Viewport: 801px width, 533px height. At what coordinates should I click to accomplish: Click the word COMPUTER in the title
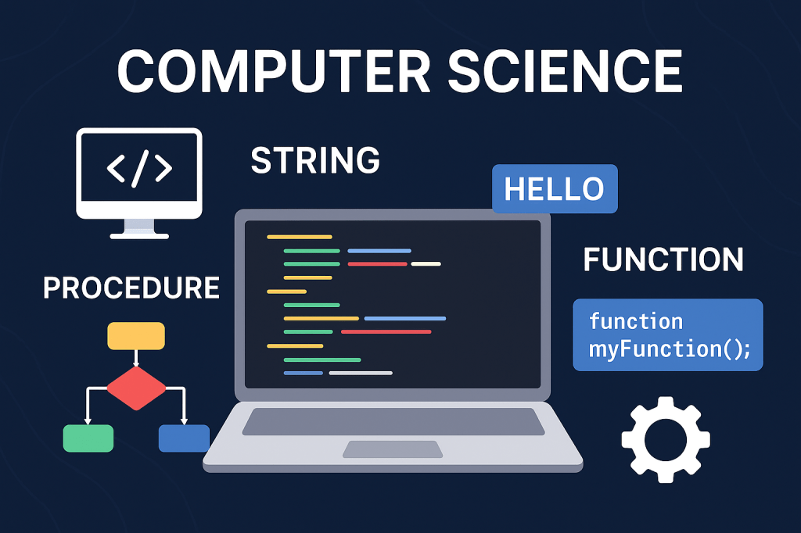[274, 71]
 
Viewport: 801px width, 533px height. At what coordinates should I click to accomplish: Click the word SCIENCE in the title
[565, 71]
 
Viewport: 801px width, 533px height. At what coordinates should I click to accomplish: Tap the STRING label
[315, 159]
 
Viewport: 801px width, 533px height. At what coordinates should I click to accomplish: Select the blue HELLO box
[555, 188]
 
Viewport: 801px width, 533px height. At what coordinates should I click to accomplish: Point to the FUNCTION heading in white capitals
[663, 259]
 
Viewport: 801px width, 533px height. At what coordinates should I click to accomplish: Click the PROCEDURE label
[131, 288]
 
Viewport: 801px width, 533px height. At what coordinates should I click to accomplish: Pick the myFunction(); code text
[670, 349]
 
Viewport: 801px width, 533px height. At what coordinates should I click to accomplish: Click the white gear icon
[666, 439]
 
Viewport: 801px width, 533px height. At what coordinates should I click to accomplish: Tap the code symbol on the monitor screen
[139, 168]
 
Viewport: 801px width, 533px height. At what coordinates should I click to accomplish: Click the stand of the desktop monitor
[139, 228]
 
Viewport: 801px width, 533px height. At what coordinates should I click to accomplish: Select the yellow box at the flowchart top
[136, 336]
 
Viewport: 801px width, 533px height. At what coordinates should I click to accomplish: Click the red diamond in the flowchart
[136, 388]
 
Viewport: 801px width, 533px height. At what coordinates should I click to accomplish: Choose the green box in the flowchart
[88, 438]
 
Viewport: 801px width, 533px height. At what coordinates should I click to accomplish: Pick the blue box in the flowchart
[184, 438]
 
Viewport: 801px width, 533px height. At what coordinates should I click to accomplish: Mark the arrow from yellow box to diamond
[136, 359]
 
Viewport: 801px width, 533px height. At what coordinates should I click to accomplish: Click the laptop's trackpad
[393, 449]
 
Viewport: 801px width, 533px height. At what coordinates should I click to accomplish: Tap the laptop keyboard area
[393, 422]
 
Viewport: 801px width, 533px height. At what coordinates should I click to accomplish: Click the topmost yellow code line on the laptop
[300, 237]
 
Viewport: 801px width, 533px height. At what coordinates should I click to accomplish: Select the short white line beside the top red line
[426, 264]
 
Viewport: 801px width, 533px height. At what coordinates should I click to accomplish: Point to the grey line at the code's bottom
[361, 374]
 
